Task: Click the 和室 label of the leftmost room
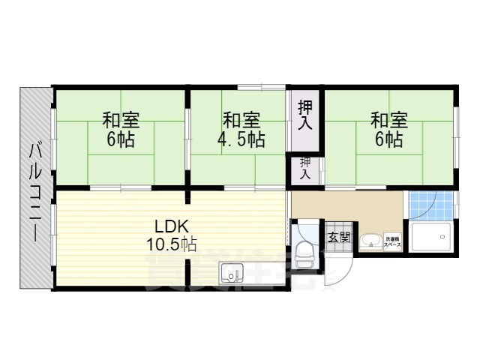pyautogui.click(x=121, y=120)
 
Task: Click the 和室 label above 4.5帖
pyautogui.click(x=241, y=120)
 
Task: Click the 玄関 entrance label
pyautogui.click(x=339, y=238)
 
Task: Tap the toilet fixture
pyautogui.click(x=304, y=254)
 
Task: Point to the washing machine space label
pyautogui.click(x=393, y=241)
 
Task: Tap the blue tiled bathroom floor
pyautogui.click(x=431, y=204)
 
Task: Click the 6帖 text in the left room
pyautogui.click(x=121, y=139)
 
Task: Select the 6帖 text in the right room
pyautogui.click(x=389, y=139)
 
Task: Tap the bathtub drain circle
pyautogui.click(x=443, y=237)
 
